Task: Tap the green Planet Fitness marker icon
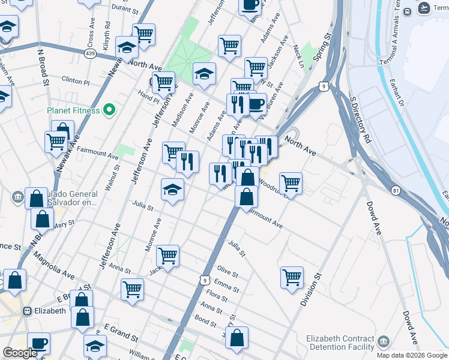pyautogui.click(x=109, y=110)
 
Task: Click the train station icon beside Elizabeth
pyautogui.click(x=27, y=311)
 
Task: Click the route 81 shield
pyautogui.click(x=394, y=190)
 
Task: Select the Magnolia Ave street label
pyautogui.click(x=54, y=266)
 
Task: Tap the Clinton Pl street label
pyautogui.click(x=76, y=80)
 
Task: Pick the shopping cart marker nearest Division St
pyautogui.click(x=292, y=277)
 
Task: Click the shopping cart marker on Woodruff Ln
pyautogui.click(x=291, y=182)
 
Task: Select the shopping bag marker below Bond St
pyautogui.click(x=237, y=337)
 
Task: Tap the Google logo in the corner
pyautogui.click(x=19, y=353)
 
